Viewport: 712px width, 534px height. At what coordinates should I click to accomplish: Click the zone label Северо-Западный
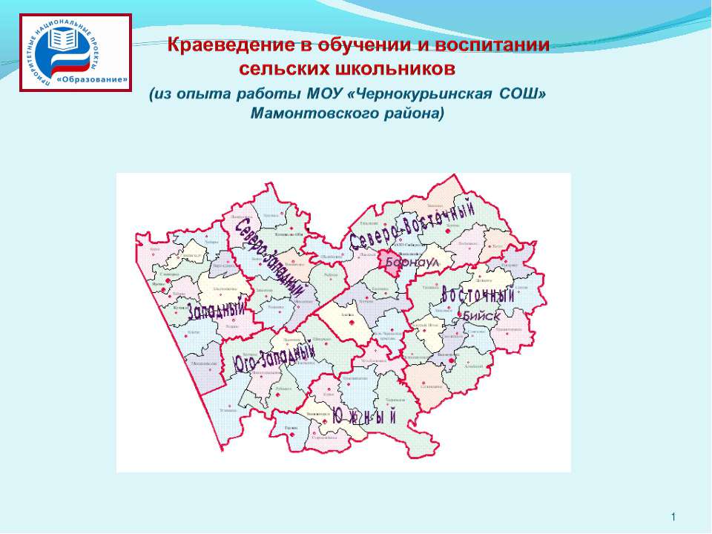coord(270,259)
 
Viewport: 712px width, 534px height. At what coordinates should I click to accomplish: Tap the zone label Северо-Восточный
coord(412,227)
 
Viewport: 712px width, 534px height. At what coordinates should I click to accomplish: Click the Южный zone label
coord(365,416)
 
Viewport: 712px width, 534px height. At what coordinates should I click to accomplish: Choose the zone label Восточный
coord(478,294)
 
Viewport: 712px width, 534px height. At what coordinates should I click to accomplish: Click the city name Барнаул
coord(418,263)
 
